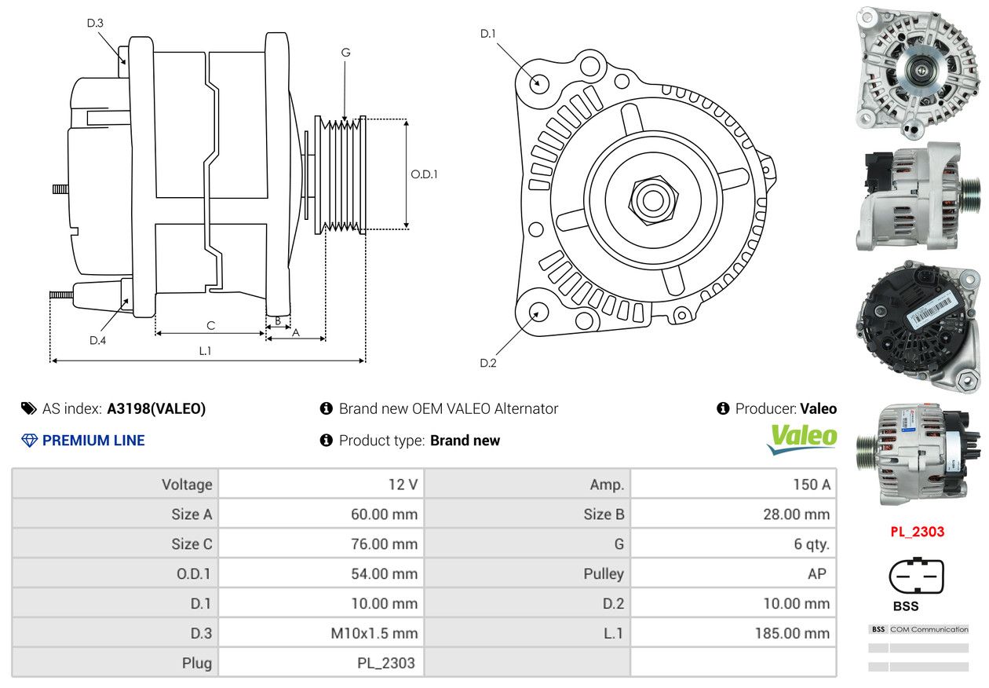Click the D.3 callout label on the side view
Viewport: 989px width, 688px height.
(95, 23)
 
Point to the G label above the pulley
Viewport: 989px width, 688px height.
(345, 53)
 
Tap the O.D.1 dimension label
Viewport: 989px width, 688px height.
(424, 174)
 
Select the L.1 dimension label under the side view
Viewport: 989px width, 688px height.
(205, 351)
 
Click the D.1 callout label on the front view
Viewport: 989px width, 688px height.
(488, 34)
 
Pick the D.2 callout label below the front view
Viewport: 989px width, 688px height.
(488, 363)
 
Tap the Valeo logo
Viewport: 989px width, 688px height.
(802, 439)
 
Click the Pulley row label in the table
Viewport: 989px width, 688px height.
(604, 573)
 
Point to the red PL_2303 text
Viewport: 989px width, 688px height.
(917, 531)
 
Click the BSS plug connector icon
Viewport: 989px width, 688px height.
(916, 576)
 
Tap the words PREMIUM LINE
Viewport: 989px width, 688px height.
(93, 440)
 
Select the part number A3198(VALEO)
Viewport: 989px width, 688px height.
(156, 408)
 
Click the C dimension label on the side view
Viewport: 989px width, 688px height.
(210, 325)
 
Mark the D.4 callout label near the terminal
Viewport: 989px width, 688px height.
(97, 340)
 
